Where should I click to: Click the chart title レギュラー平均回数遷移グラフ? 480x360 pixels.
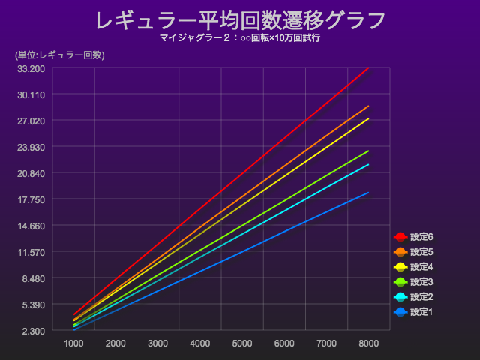240,20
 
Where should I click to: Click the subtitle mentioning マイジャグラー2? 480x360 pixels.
240,37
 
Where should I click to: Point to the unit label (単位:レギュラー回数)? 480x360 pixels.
59,55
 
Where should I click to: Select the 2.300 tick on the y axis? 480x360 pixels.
33,331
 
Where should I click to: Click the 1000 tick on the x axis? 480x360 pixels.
73,343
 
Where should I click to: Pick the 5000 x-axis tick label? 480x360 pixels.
242,343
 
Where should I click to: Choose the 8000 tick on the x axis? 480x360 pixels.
368,343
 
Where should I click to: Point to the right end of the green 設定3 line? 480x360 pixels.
368,151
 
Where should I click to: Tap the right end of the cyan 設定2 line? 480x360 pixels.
368,164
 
